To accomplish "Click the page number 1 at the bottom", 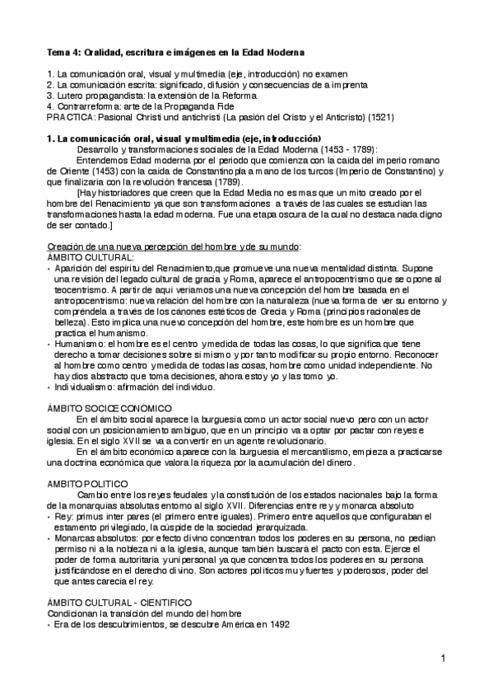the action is pos(442,657).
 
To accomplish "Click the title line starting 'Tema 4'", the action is pos(175,52).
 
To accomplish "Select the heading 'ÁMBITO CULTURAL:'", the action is pos(91,257).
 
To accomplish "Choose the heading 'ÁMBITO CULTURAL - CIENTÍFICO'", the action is pos(119,603).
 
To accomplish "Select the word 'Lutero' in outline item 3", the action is pos(69,96).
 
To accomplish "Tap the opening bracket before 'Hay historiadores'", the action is pos(78,192).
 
